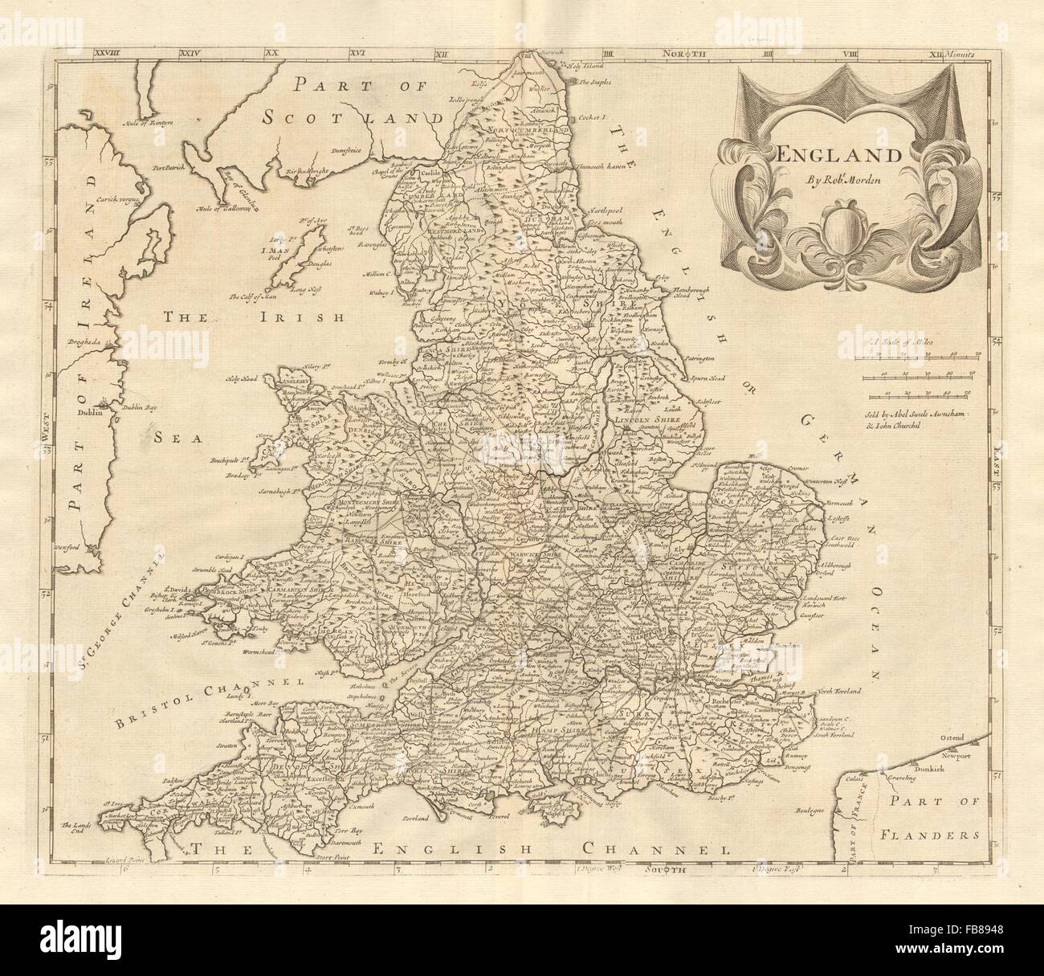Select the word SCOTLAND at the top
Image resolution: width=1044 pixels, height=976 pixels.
click(355, 116)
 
